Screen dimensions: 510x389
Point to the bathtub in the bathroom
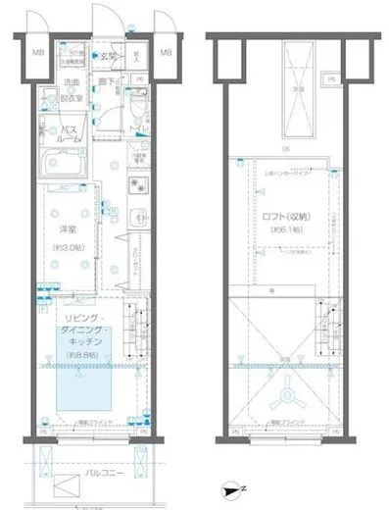click(x=64, y=160)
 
